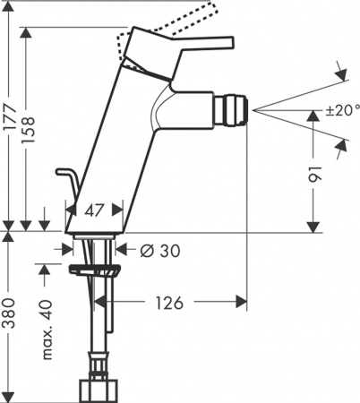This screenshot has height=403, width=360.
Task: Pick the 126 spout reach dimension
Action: coord(169,303)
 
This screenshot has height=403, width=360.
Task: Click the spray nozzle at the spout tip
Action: coord(234,108)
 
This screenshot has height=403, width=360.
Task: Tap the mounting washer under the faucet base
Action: coord(95,268)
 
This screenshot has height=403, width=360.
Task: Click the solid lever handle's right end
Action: coord(227,42)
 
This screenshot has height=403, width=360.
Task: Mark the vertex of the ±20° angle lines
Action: coord(255,109)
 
